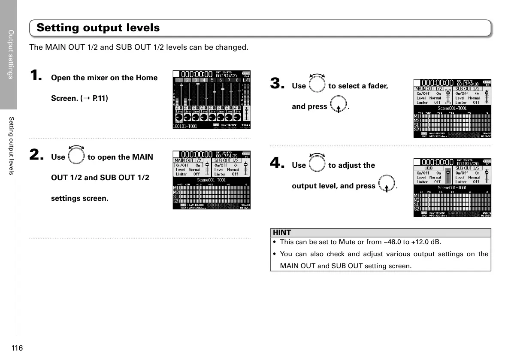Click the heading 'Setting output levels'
tap(98, 28)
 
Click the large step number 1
tap(36, 76)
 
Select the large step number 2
tap(36, 155)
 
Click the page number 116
tap(17, 348)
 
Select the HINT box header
tap(282, 233)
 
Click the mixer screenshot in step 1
tap(212, 100)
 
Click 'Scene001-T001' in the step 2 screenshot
tap(211, 180)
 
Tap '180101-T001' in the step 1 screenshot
tap(185, 127)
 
